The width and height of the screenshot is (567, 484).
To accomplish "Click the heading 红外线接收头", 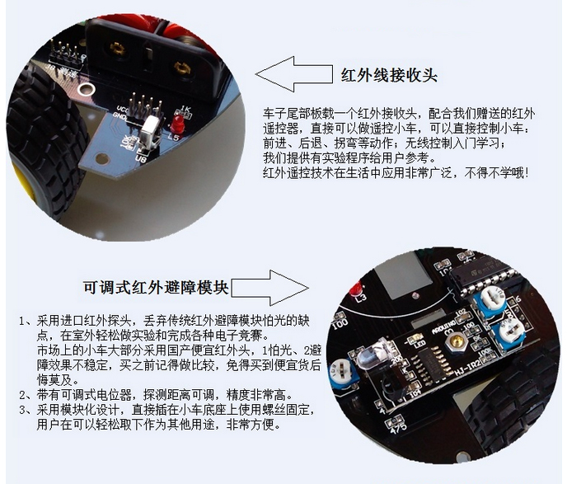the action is [389, 76].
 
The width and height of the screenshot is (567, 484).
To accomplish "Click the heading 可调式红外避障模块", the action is [156, 288].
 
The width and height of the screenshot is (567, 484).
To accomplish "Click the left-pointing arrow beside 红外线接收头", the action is [293, 74].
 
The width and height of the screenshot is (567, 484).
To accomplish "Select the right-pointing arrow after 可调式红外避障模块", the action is [270, 288].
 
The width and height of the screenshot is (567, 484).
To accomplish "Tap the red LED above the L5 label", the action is [176, 124].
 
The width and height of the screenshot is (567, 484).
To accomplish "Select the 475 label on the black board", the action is [399, 427].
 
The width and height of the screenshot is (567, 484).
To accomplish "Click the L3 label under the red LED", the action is [361, 298].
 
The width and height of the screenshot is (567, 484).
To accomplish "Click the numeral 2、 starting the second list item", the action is [26, 395].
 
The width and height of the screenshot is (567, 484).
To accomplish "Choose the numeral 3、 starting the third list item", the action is [26, 411].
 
